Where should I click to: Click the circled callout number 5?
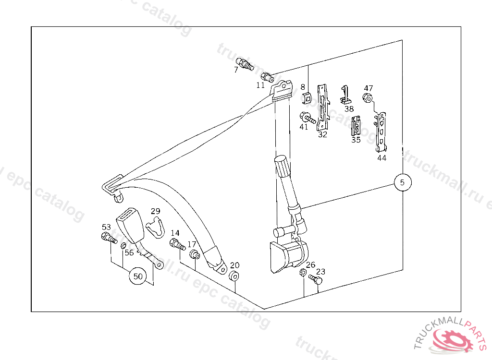[x=403, y=182]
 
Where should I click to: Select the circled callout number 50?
[x=138, y=276]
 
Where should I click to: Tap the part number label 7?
[x=236, y=70]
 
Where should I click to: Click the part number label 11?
[x=260, y=85]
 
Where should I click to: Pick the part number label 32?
[x=322, y=135]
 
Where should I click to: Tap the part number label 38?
[x=349, y=109]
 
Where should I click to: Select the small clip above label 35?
[x=356, y=126]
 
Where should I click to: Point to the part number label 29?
[x=155, y=211]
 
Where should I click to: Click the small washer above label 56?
[x=123, y=246]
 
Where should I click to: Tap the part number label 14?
[x=175, y=233]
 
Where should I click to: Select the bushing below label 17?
[x=195, y=254]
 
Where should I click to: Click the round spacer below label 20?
[x=234, y=276]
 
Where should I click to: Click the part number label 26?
[x=310, y=265]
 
